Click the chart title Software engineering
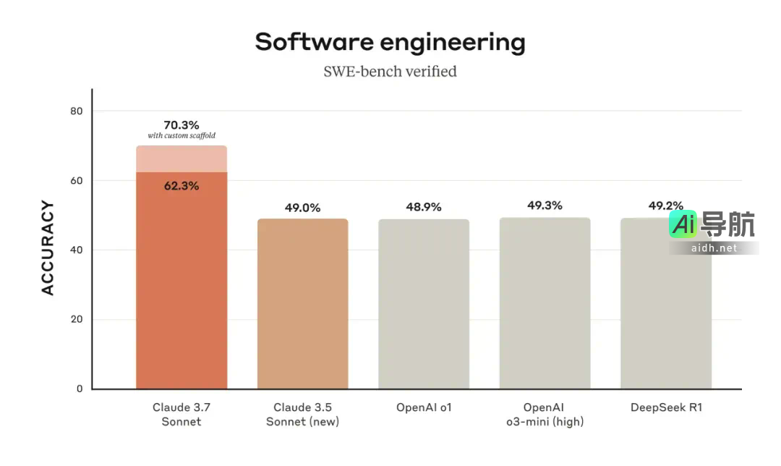coord(390,42)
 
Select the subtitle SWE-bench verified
coord(390,71)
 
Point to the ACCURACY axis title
coord(48,248)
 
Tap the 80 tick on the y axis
coord(77,111)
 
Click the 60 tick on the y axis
coord(77,180)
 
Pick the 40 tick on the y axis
coord(77,250)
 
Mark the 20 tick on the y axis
coord(77,319)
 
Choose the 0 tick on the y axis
coord(80,389)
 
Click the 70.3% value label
coord(182,124)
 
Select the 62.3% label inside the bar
coord(182,185)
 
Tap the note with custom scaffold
coord(182,136)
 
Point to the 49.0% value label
coord(302,208)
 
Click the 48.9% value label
coord(424,207)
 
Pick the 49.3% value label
coord(545,206)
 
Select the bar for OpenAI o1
coord(424,304)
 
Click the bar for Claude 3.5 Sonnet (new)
coord(302,304)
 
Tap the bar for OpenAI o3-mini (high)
coord(545,304)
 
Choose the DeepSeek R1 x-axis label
coord(666,407)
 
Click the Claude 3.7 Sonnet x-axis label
coord(182,414)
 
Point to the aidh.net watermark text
coord(714,247)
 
